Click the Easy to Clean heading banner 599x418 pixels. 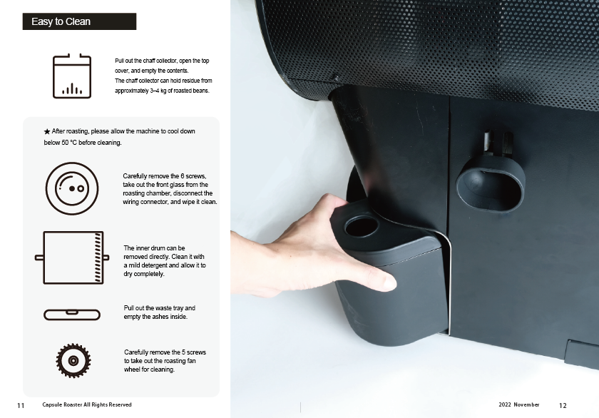79,21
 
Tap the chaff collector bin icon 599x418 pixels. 72,76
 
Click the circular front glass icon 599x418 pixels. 72,188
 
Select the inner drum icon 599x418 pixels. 72,258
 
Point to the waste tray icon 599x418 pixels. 72,315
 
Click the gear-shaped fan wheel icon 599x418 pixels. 73,360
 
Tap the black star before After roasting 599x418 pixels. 47,131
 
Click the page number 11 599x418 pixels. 21,405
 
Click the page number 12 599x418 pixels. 563,405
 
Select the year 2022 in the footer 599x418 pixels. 505,404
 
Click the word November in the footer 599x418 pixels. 526,404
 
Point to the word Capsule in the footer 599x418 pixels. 52,404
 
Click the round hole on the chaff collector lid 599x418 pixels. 361,226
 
